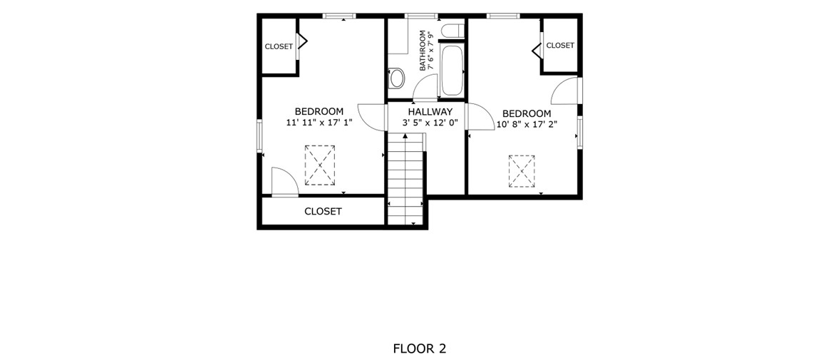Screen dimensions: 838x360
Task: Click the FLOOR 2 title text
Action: (x=419, y=349)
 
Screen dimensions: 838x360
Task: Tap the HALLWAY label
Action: (x=430, y=112)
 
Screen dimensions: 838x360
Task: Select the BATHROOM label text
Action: (x=423, y=51)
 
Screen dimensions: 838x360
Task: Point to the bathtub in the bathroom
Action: (x=452, y=70)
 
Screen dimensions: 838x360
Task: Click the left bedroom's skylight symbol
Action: (x=320, y=165)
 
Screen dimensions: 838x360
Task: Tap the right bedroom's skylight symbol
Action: (x=522, y=171)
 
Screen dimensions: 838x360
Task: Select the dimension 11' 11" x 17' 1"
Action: (x=319, y=122)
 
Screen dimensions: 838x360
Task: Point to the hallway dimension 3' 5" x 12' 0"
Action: (x=430, y=123)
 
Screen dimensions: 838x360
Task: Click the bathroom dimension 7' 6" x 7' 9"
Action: (x=432, y=51)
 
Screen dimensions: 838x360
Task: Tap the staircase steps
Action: (x=405, y=179)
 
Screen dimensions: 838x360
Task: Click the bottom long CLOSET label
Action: (x=323, y=211)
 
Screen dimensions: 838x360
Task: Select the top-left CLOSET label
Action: (x=279, y=46)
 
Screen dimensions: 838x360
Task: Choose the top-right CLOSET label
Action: (x=560, y=46)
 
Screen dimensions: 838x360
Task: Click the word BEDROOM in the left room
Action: (x=319, y=111)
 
